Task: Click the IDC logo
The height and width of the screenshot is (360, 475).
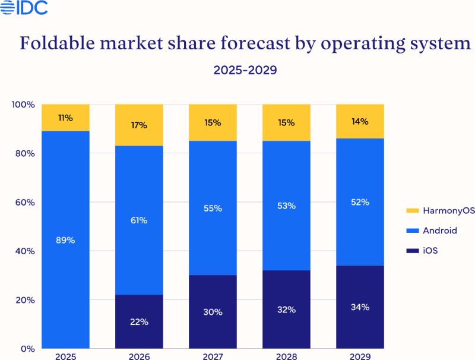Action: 24,8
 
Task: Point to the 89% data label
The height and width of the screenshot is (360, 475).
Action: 65,241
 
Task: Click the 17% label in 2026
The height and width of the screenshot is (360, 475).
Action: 139,125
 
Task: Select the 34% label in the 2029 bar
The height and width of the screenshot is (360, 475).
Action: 360,307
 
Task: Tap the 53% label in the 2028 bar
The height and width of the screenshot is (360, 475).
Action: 286,206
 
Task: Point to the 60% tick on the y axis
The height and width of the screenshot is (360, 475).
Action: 25,203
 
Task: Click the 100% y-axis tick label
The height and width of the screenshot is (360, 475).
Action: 23,105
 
